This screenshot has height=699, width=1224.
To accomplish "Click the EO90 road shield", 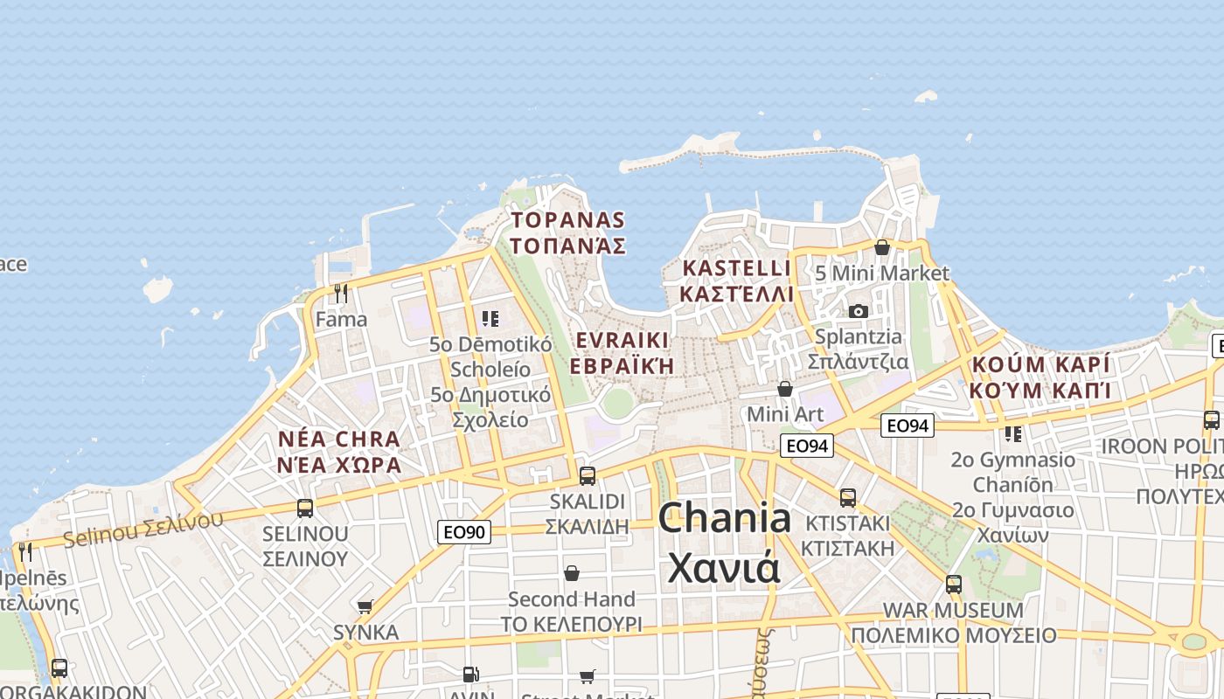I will [x=464, y=531].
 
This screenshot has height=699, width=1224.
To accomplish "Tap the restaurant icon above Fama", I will [x=341, y=293].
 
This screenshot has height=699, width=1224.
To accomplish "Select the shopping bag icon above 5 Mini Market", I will [x=881, y=247].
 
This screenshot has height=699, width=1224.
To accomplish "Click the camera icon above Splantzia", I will [x=859, y=311].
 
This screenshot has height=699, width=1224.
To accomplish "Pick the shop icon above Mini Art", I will [x=785, y=388].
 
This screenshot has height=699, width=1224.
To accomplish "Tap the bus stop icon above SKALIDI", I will [x=588, y=476].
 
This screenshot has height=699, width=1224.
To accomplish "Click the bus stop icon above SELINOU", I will [x=305, y=508].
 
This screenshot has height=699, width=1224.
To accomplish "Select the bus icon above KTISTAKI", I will [x=847, y=498].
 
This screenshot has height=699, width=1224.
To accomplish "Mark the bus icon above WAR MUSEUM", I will [x=953, y=584].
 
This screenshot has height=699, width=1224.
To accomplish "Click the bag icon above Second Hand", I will [x=571, y=573].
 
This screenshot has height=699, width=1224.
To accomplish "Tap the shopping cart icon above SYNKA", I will [x=365, y=606].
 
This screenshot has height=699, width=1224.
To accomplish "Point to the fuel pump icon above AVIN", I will [x=470, y=675].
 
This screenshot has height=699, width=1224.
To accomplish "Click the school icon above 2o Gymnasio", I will [x=1012, y=433].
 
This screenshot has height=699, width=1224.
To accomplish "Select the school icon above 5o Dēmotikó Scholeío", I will [x=490, y=318].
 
